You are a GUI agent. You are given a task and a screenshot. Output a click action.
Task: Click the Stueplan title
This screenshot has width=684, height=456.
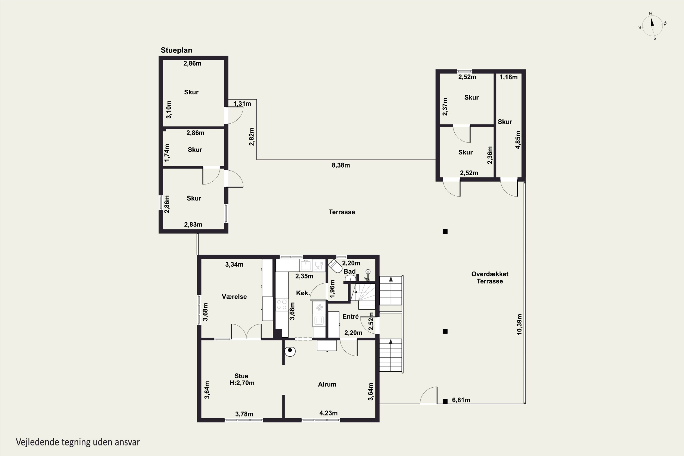pos(176,50)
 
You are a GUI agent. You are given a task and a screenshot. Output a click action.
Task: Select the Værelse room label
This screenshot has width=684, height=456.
pos(234,297)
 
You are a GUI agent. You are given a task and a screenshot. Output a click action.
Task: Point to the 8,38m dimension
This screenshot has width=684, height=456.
pos(341,165)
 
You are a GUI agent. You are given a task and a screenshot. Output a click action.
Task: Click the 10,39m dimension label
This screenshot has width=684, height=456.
pos(519,324)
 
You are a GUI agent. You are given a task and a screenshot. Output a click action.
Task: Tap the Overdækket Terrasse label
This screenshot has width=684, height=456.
pos(490,277)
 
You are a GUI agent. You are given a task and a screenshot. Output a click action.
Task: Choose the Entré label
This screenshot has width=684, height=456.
pos(350,316)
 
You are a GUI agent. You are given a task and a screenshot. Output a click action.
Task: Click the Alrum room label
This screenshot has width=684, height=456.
pos(327,384)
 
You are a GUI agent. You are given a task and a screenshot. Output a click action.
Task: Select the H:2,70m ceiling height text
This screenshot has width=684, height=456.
pos(242,383)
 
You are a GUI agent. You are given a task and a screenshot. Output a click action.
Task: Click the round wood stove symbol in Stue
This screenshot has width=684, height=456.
pos(290,351)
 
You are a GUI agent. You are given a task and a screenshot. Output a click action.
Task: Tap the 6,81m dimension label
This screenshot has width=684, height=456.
pos(461,400)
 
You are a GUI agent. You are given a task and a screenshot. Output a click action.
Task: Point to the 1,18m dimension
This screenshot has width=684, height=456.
pos(508,77)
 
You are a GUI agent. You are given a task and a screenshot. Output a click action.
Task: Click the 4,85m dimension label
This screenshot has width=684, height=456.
pos(518,140)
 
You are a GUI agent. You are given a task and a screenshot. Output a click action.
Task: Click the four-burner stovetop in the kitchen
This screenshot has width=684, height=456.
pos(282,304)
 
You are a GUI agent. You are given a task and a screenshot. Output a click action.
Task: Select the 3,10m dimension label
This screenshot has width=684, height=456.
pos(168,109)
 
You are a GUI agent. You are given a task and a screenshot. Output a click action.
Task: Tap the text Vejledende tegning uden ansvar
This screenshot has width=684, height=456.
pos(78,442)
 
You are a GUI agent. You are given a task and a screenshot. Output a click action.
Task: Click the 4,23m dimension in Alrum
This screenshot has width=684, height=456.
pos(328,413)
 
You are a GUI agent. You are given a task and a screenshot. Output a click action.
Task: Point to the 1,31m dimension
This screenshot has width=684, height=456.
pos(242,104)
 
